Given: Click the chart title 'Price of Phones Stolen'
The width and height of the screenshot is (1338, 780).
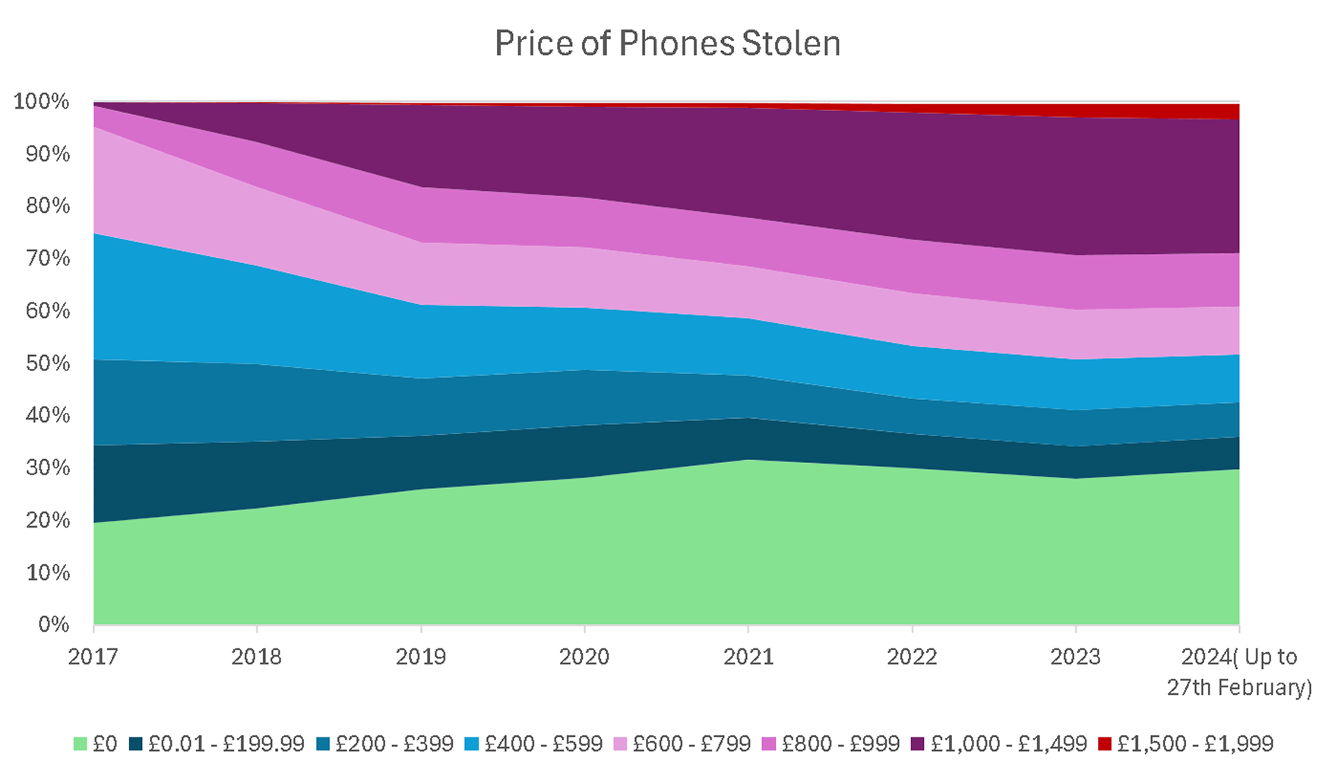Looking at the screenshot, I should (667, 43).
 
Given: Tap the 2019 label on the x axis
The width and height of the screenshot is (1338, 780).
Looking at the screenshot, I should (420, 657).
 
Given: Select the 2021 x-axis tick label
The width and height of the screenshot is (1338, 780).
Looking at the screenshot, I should (748, 657).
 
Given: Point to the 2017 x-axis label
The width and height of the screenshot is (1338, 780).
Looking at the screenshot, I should (93, 657).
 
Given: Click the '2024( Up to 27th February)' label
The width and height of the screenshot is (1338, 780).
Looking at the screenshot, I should (1239, 672).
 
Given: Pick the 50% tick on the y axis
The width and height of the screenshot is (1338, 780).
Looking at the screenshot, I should (47, 363).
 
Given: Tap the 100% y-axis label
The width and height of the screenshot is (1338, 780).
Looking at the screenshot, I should (41, 101).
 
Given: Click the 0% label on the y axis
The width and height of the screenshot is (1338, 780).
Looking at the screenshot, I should (53, 624).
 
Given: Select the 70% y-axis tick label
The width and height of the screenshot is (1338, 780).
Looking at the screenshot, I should (47, 258).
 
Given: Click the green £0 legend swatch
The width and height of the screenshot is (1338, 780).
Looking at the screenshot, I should (80, 744).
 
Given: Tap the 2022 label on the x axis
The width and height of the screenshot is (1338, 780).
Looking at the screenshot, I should (912, 657).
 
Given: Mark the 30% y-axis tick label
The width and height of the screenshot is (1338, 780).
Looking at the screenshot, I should (47, 468).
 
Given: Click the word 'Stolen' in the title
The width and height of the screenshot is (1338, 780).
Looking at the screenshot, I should (791, 43).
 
